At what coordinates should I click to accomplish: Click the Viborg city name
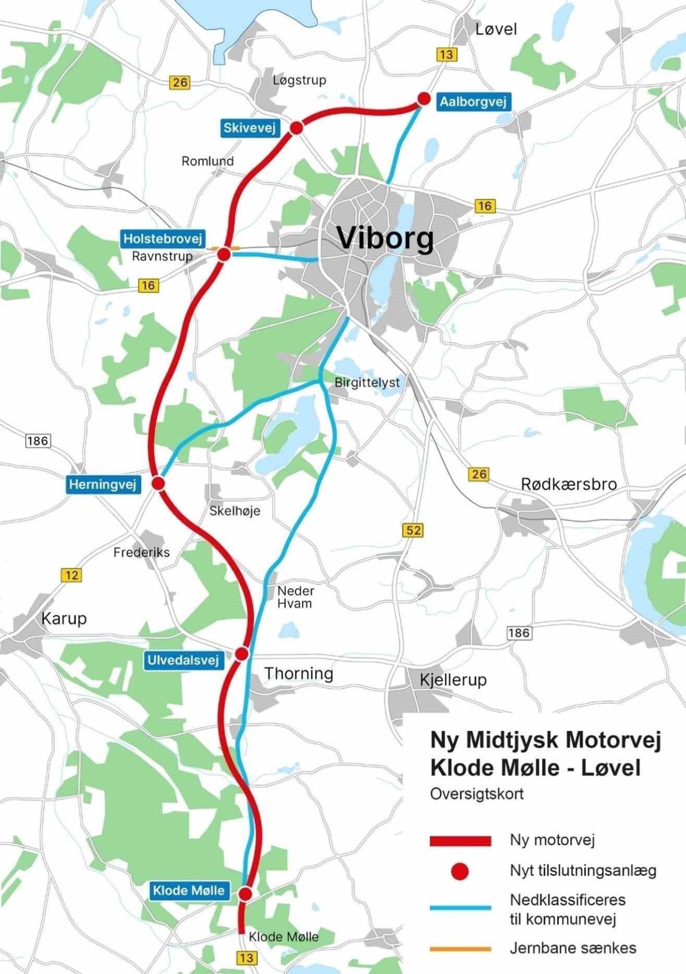click(x=385, y=238)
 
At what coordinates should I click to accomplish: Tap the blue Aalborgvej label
click(x=472, y=101)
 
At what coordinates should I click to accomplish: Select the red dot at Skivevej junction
click(x=296, y=128)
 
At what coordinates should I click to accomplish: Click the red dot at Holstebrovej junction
click(x=224, y=254)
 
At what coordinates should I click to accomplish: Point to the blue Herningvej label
click(x=103, y=485)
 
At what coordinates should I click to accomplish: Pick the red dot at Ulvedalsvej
click(x=242, y=653)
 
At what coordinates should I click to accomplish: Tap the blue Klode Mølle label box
click(x=189, y=890)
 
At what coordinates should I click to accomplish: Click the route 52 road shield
click(x=413, y=530)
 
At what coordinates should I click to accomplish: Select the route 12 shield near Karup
click(x=71, y=575)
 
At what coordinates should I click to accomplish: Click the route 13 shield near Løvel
click(x=446, y=54)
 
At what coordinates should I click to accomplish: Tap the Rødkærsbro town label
click(x=569, y=484)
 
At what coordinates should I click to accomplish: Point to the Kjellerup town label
click(x=453, y=679)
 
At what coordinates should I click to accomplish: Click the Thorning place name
click(x=299, y=674)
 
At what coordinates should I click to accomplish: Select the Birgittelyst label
click(x=367, y=383)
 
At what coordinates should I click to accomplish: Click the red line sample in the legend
click(x=460, y=841)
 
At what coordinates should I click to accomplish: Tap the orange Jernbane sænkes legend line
click(x=460, y=949)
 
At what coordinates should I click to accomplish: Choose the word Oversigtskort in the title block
click(x=477, y=794)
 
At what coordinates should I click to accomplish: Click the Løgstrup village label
click(x=299, y=80)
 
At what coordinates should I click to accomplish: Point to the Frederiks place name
click(x=141, y=552)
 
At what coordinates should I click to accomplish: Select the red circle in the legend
click(x=459, y=871)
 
